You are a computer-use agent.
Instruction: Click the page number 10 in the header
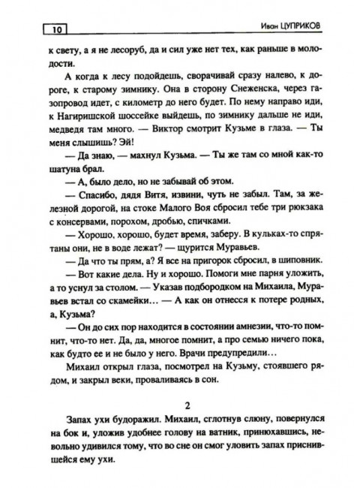pos(56,31)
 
